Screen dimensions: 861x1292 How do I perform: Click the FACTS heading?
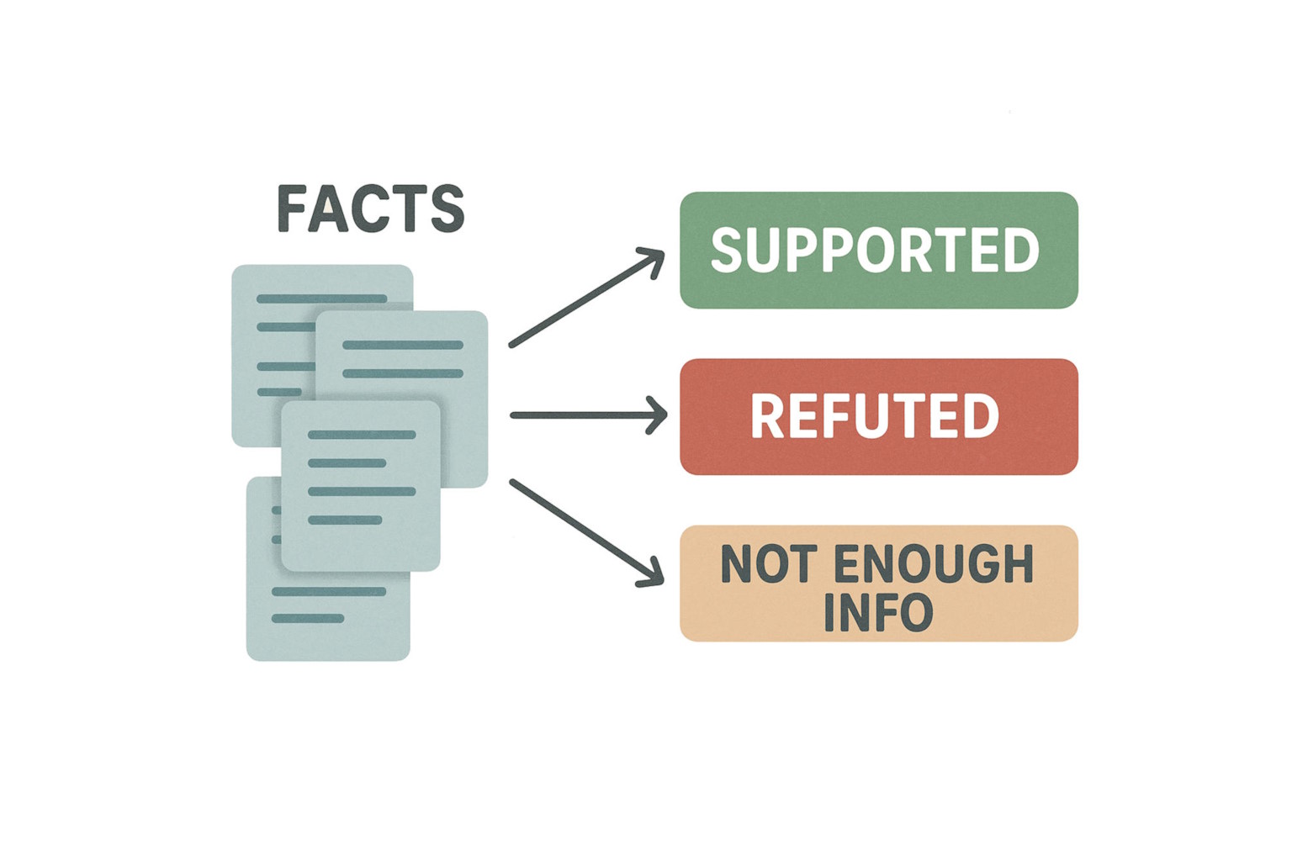(x=370, y=209)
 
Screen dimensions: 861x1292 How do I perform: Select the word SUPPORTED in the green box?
(x=875, y=250)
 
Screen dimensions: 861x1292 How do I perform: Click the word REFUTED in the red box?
(x=875, y=416)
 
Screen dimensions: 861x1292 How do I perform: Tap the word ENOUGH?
(x=933, y=564)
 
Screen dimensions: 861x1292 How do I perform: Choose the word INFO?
(x=878, y=613)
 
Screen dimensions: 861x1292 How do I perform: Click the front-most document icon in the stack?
(x=360, y=486)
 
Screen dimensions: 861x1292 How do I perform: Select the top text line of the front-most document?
(x=362, y=435)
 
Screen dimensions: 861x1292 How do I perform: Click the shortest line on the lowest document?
(x=308, y=619)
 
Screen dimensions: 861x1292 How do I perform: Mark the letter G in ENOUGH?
(x=988, y=564)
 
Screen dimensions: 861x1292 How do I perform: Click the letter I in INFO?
(x=829, y=613)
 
